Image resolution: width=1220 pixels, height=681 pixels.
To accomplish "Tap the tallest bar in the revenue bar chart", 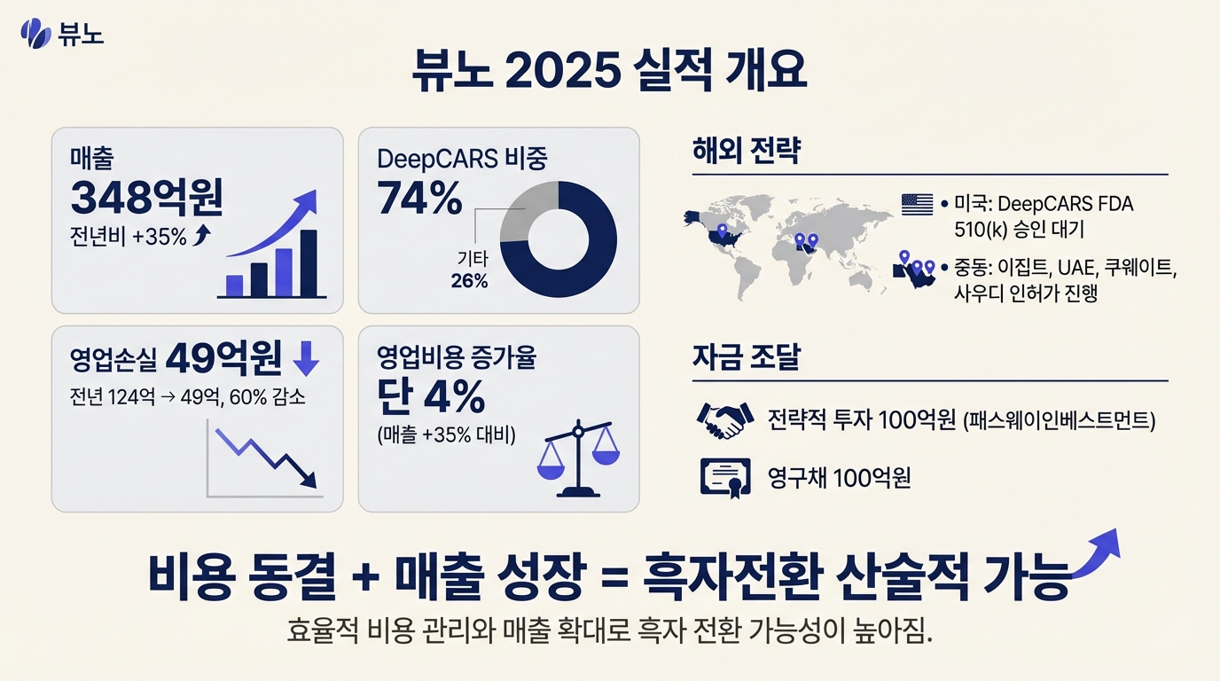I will tap(309, 263).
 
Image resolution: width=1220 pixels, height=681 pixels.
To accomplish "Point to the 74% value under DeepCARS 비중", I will tap(419, 199).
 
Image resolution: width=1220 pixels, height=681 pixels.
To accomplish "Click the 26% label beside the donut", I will tap(469, 281).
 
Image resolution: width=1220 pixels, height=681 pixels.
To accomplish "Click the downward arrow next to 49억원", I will tap(305, 358).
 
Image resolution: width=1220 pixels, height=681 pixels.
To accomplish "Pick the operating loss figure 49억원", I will tap(224, 358).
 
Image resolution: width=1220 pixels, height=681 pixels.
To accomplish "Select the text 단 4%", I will tap(431, 397).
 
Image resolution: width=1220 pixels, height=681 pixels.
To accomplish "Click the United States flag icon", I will tap(917, 204).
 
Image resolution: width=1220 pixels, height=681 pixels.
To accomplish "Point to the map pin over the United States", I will tap(722, 232).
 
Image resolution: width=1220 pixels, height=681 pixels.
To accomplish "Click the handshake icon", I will tap(722, 420).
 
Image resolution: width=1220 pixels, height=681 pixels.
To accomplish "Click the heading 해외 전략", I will tap(746, 152).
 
